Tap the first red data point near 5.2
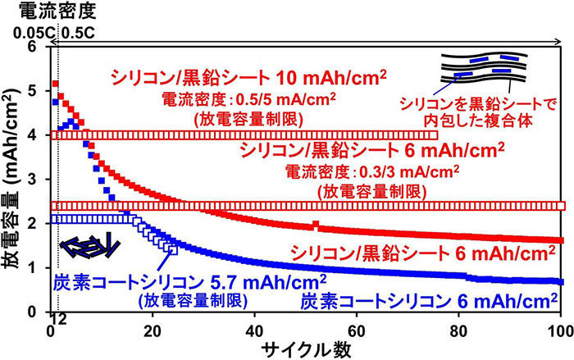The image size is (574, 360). (55, 84)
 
